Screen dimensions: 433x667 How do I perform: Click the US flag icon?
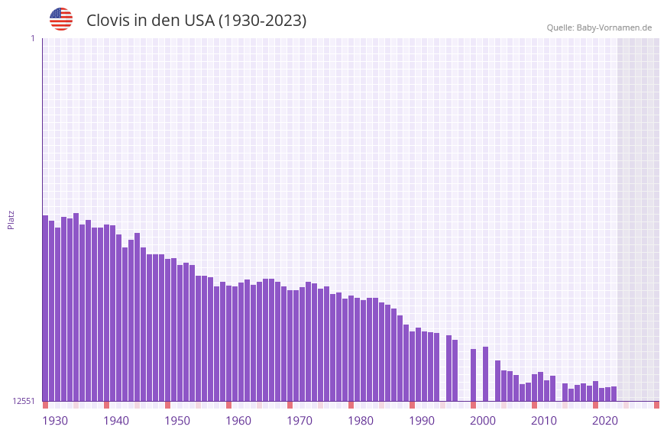61,19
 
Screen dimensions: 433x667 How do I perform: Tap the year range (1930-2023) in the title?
262,21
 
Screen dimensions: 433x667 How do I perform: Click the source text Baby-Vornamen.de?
614,27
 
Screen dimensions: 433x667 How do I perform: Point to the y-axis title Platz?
11,219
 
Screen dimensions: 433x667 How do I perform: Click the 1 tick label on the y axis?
32,38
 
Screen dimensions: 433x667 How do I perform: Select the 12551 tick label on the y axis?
24,401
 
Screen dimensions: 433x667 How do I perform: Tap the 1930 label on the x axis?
55,420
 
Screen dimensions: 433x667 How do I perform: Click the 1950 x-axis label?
177,420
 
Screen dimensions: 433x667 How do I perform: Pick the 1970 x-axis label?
300,420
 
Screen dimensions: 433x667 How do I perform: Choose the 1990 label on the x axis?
422,420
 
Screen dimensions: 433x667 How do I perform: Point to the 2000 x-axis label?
483,420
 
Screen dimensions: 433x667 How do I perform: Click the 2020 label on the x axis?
605,420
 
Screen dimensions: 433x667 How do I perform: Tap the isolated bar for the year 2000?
473,375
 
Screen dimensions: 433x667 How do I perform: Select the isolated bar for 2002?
485,373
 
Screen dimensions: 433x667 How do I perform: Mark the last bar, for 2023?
614,394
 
